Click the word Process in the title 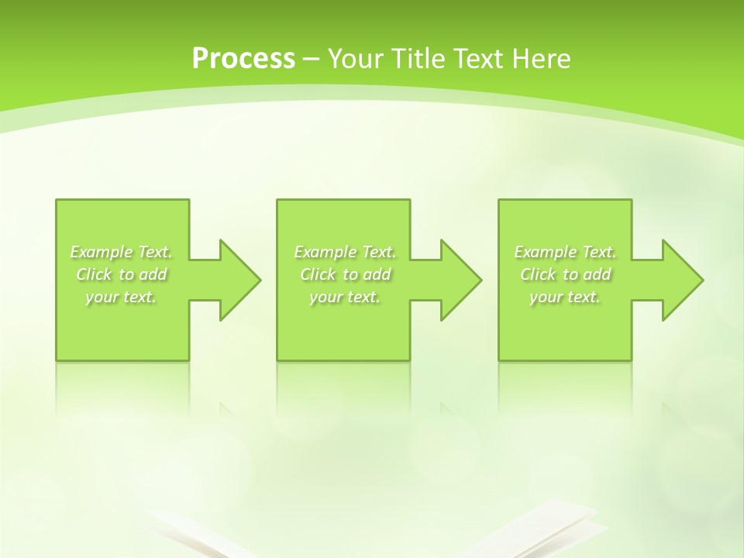[243, 59]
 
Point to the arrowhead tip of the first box [260, 280]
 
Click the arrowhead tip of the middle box [480, 280]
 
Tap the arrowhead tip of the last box [702, 280]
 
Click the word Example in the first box [102, 252]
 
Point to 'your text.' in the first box [121, 297]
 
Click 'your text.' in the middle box [344, 297]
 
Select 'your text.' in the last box [565, 297]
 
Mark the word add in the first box [153, 274]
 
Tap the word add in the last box [598, 274]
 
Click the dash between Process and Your [311, 59]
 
